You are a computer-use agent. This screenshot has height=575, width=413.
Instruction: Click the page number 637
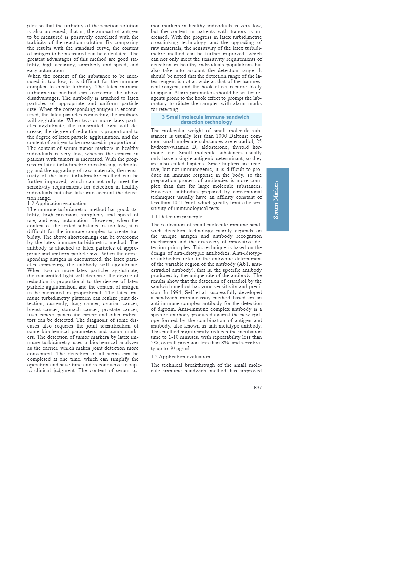coord(258,388)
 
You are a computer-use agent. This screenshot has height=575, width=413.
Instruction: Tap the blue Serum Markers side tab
coord(277,200)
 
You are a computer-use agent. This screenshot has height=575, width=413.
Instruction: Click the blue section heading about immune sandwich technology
coord(206,119)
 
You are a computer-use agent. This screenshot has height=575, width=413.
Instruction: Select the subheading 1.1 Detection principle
coord(176,217)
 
